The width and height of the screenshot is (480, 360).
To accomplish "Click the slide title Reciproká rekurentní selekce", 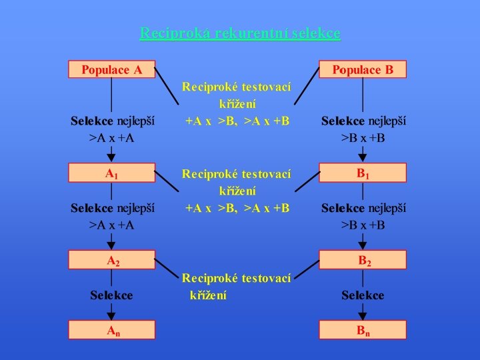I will [x=240, y=33].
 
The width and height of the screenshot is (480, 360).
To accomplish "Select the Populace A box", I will [x=112, y=69].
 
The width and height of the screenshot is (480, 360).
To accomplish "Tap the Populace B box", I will [x=363, y=69].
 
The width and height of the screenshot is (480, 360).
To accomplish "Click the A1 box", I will [x=112, y=173].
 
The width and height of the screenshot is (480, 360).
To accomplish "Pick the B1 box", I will [x=363, y=173].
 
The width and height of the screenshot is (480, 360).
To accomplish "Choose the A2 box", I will [x=112, y=259].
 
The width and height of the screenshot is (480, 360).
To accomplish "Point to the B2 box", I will [x=363, y=259].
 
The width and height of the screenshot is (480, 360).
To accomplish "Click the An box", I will [x=112, y=329].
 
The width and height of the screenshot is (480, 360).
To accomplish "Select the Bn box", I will [x=363, y=329].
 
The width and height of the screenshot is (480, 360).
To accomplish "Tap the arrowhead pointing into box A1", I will [x=112, y=158].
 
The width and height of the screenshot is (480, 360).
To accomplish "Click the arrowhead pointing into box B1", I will [x=363, y=158].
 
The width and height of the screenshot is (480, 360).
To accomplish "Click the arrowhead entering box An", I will [x=112, y=315].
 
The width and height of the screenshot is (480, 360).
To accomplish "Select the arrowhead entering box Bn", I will [x=363, y=315].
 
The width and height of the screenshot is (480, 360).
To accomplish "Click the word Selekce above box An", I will [x=112, y=295].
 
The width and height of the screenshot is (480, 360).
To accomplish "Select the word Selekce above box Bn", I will [x=363, y=295].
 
